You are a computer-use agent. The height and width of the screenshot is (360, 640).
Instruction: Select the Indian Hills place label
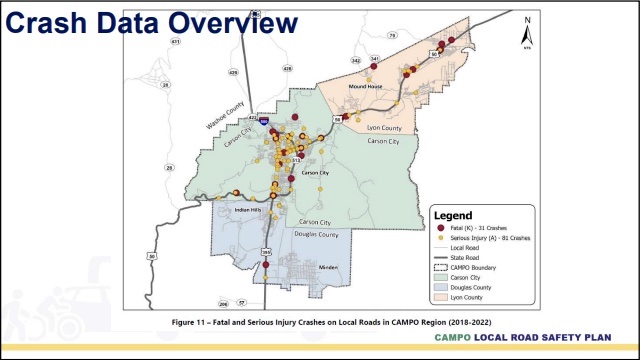pos(248,211)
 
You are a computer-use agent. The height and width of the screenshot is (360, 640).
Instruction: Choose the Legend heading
pos(453,214)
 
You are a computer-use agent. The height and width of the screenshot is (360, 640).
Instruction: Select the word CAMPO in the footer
pos(458,338)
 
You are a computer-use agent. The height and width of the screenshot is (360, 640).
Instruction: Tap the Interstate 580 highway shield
pos(265,119)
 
